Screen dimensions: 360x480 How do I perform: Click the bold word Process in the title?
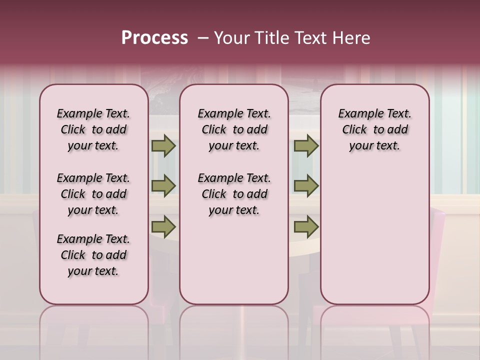(x=154, y=38)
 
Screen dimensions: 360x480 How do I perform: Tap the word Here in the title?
(x=352, y=38)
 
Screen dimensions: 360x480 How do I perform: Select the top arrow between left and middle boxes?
(x=163, y=146)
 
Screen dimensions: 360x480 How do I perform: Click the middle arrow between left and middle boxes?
(x=163, y=186)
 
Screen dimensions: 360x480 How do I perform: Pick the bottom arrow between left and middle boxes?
(x=163, y=226)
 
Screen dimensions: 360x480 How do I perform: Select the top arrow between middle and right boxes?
(x=306, y=146)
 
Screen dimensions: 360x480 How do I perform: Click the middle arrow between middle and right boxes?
(x=306, y=186)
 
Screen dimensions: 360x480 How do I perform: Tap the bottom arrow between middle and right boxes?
(x=306, y=226)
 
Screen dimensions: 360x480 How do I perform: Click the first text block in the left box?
(x=93, y=129)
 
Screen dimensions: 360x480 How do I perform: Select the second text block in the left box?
(x=93, y=194)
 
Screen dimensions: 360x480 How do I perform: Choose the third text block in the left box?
(x=93, y=255)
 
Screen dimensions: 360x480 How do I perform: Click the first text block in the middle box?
(x=234, y=129)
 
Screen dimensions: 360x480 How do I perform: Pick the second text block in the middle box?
(x=234, y=194)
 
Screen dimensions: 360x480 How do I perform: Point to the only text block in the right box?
(x=374, y=129)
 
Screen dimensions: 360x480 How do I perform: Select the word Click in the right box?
(x=354, y=130)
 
